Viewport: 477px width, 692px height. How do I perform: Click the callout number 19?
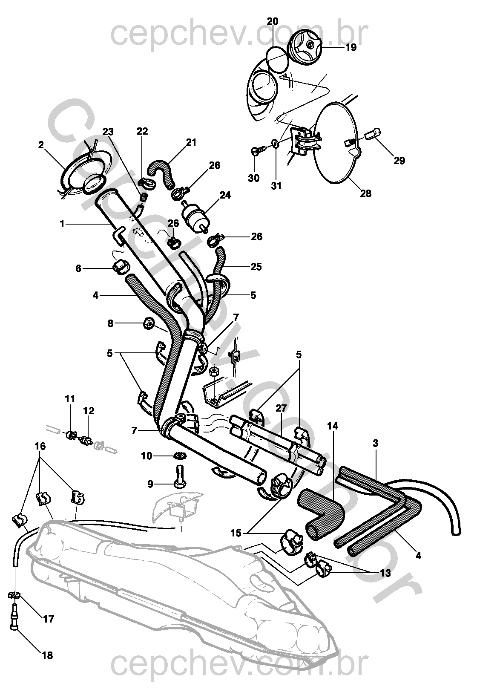[351, 47]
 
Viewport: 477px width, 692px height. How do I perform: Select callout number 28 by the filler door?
[365, 193]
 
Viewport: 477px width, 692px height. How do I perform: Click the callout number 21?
[192, 142]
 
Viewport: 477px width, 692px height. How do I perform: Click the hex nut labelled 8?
[146, 324]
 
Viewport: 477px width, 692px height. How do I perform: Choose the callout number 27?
[281, 408]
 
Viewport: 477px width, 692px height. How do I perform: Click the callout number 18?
[48, 655]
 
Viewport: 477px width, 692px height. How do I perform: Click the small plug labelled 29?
[372, 136]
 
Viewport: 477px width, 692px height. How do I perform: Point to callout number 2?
[41, 145]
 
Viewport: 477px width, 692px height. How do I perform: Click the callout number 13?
[385, 573]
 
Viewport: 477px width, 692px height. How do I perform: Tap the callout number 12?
[89, 411]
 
